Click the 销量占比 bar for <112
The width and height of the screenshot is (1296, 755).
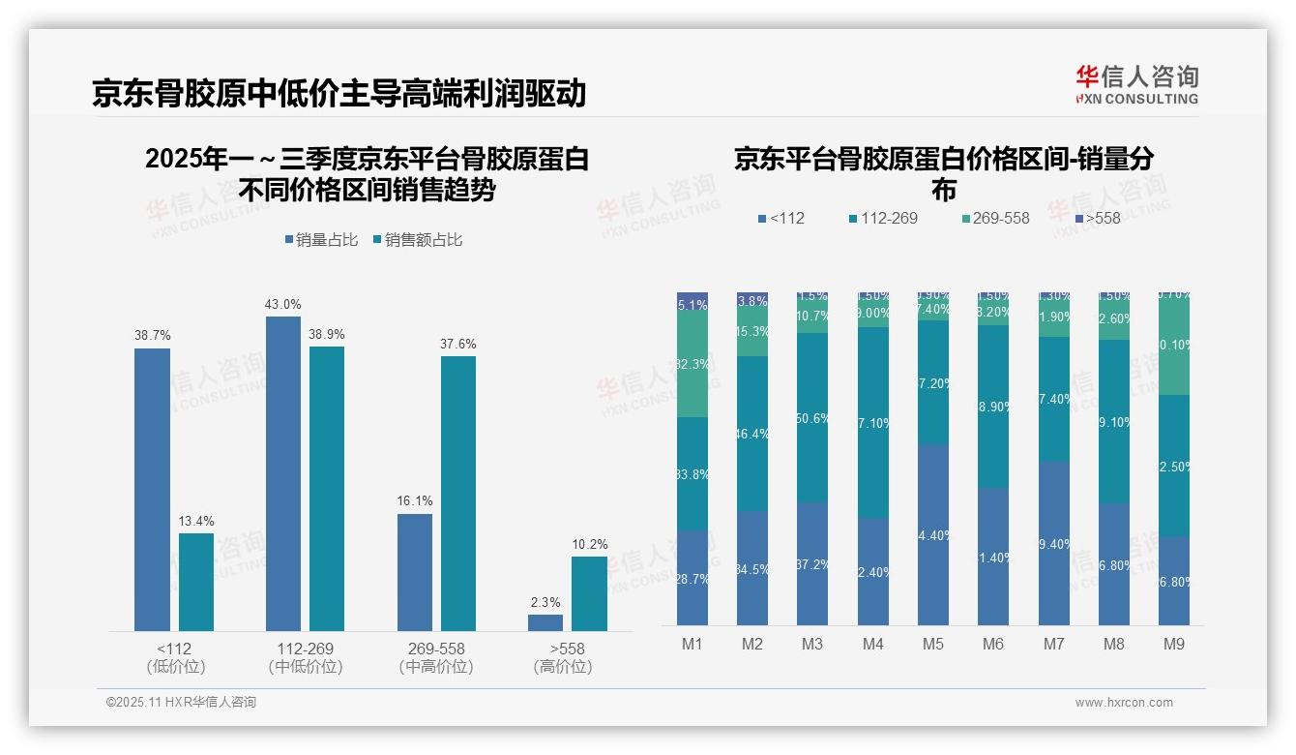[152, 490]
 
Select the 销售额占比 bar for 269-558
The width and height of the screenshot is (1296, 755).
[458, 494]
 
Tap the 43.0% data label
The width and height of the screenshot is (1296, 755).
[282, 305]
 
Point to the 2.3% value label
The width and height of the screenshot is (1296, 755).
[545, 602]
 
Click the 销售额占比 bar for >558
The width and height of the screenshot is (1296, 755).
[589, 593]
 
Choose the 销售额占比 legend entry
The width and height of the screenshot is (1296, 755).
[417, 239]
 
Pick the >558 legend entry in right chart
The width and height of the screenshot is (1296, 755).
[1095, 218]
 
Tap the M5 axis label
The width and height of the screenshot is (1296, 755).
[933, 644]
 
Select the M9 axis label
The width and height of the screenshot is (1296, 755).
[1173, 644]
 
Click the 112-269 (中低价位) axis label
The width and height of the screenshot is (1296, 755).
[305, 657]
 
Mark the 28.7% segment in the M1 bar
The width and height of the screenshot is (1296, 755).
[692, 578]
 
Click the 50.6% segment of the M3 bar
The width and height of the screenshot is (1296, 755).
[812, 418]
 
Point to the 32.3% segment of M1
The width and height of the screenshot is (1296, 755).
[692, 364]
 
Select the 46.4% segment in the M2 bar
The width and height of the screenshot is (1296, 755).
[752, 434]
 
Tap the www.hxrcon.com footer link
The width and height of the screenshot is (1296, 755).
[1124, 703]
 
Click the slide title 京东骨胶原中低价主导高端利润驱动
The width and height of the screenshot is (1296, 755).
[339, 93]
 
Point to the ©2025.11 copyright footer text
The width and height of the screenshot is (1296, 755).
[181, 703]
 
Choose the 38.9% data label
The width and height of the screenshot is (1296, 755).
[327, 335]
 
